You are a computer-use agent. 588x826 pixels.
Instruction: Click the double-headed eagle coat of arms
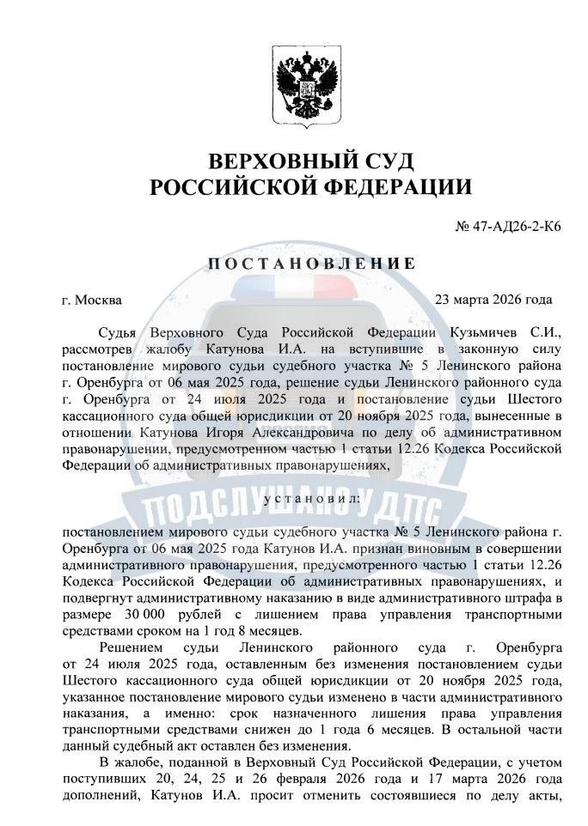(296, 84)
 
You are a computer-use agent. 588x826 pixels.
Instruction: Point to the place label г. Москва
(93, 301)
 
